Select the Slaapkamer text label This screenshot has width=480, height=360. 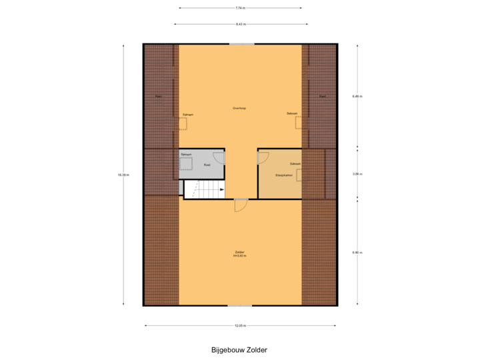284,175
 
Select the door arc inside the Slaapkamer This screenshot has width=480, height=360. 263,158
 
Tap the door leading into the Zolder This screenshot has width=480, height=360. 240,206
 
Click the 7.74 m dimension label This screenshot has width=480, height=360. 240,9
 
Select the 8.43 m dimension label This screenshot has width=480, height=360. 240,24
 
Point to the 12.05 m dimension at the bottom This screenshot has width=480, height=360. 240,326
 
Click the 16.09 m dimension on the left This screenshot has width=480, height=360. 123,175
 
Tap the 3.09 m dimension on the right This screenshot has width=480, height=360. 357,173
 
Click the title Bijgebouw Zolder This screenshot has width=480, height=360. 239,349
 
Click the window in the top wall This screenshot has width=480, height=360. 241,44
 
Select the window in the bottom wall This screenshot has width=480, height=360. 240,306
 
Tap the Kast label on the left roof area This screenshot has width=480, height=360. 158,96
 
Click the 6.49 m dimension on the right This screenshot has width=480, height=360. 357,96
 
